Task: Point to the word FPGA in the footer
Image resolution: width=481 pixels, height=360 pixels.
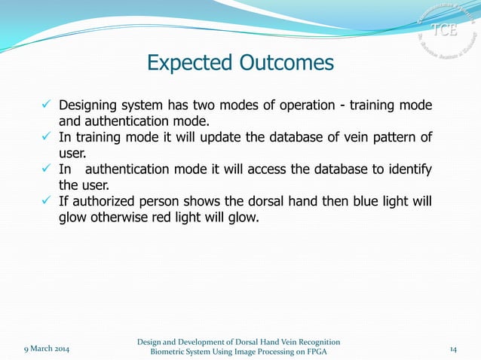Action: [x=314, y=352]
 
